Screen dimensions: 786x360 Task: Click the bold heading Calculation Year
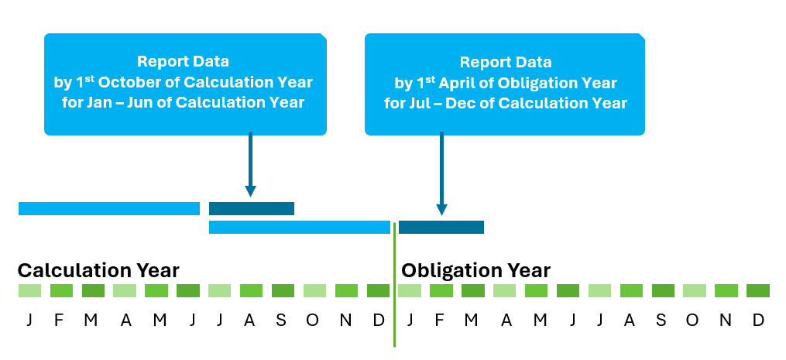(98, 271)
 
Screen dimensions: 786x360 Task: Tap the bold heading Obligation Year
(475, 271)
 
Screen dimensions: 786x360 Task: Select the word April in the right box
(455, 83)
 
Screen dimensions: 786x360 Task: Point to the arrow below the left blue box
(250, 164)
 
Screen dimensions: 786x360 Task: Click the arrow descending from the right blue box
(441, 173)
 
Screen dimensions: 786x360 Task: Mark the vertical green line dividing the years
(394, 284)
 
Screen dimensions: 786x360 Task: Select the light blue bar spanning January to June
(109, 208)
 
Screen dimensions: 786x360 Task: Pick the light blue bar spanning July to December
(299, 227)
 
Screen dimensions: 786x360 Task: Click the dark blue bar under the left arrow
(252, 208)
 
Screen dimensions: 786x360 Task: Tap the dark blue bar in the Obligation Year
(441, 227)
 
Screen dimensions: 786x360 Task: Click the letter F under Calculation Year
(59, 320)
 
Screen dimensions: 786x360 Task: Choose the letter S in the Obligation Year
(661, 320)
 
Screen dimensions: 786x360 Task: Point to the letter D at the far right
(758, 320)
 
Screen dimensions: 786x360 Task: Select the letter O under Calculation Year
(312, 320)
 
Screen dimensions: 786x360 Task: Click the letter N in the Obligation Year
(726, 320)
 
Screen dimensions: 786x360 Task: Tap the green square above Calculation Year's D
(379, 291)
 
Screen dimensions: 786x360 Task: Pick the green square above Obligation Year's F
(441, 291)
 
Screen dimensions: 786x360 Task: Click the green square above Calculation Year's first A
(125, 291)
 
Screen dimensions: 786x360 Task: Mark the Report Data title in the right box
(505, 62)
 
